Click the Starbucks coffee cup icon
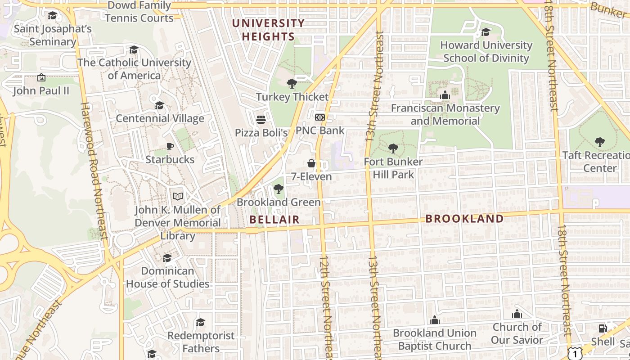[170, 146]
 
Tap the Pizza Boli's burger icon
[261, 120]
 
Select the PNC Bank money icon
[319, 117]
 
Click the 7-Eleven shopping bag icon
[311, 163]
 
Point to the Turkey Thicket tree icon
[292, 83]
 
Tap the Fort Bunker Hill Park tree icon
[393, 148]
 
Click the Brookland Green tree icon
[279, 189]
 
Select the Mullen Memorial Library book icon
[178, 197]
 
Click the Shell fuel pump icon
[603, 328]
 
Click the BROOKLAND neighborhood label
[464, 219]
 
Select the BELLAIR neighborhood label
[274, 219]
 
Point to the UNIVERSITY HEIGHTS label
[269, 30]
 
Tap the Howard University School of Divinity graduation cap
[486, 32]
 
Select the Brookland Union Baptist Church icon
[434, 320]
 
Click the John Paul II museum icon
[41, 78]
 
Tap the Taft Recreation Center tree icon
[599, 142]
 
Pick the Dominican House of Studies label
[167, 277]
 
